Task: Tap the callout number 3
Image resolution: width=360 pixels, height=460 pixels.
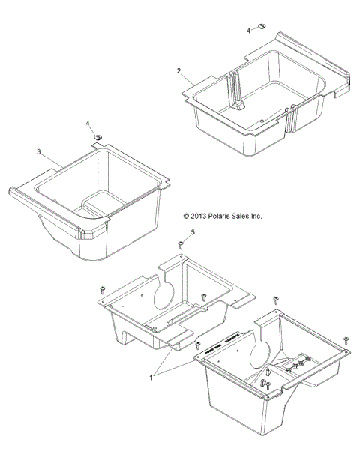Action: tap(38, 151)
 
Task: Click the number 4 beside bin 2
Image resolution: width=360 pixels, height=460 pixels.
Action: tap(249, 30)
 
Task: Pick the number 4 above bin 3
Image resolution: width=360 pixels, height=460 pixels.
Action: tap(88, 122)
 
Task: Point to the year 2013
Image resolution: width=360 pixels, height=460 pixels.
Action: tap(199, 216)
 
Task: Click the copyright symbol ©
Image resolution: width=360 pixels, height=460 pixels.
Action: tap(186, 216)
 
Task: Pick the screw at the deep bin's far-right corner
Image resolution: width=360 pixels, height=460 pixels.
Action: tap(345, 339)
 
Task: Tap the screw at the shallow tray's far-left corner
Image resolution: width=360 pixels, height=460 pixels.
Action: tap(101, 289)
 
